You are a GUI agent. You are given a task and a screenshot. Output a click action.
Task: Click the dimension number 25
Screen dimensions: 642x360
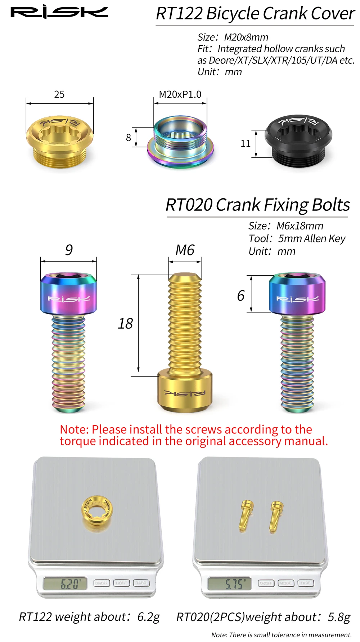[59, 94]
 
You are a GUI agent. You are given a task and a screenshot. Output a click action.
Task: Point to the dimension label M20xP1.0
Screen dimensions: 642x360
[180, 94]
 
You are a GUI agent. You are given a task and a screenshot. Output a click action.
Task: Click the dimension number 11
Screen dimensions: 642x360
[246, 144]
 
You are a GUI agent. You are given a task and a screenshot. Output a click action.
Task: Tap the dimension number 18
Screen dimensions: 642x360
[125, 324]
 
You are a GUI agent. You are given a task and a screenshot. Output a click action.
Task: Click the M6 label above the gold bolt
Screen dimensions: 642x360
[185, 250]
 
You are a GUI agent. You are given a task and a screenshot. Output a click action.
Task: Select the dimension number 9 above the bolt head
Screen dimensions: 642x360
[69, 250]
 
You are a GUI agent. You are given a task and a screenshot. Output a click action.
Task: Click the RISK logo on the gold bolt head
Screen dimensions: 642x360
[185, 393]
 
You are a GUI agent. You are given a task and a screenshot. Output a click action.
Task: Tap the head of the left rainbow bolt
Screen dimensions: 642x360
[68, 294]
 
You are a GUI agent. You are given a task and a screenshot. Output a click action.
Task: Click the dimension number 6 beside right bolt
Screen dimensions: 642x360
[241, 296]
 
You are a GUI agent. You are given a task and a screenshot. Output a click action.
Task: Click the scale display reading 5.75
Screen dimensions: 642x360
[229, 584]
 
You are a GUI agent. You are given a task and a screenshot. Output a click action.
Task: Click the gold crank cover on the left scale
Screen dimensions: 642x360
[96, 509]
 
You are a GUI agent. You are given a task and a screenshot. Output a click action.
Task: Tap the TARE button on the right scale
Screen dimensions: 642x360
[305, 583]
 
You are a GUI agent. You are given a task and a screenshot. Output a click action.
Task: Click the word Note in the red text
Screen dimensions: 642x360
[74, 429]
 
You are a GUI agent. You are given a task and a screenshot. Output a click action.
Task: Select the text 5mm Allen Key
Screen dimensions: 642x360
[311, 238]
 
